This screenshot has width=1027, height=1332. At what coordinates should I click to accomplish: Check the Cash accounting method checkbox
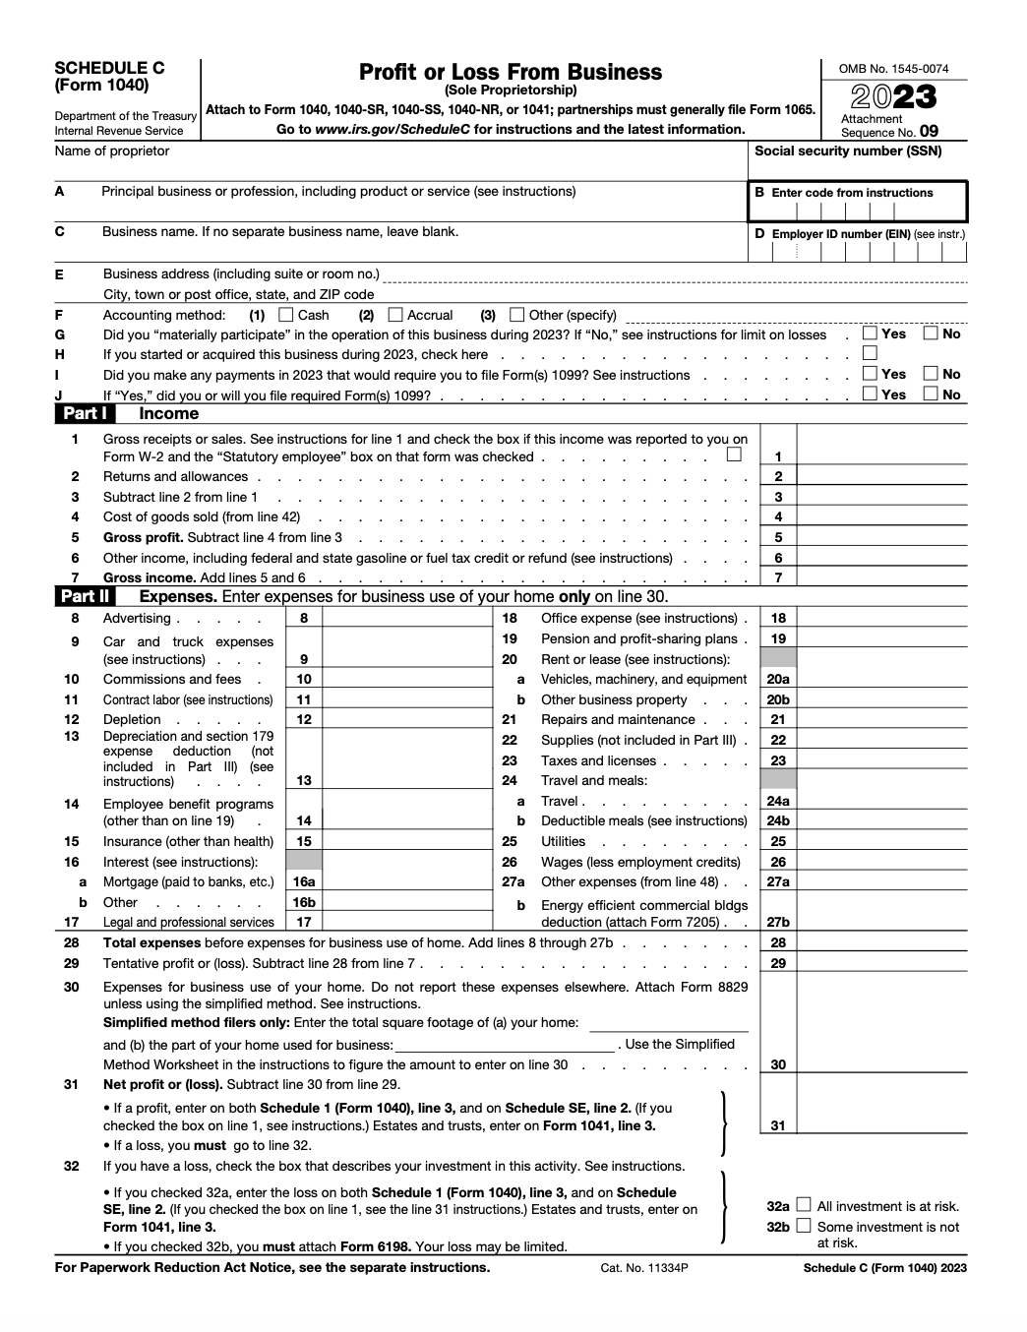pyautogui.click(x=286, y=315)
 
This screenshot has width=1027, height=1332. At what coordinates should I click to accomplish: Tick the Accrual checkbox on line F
pyautogui.click(x=395, y=315)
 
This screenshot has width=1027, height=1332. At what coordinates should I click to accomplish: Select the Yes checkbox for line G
pyautogui.click(x=870, y=333)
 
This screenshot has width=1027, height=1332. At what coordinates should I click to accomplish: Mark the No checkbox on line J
pyautogui.click(x=931, y=394)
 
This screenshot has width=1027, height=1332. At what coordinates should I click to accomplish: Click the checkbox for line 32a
pyautogui.click(x=804, y=1205)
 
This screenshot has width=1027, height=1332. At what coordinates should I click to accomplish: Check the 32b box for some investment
pyautogui.click(x=804, y=1226)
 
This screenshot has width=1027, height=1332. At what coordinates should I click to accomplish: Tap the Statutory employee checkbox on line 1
pyautogui.click(x=734, y=455)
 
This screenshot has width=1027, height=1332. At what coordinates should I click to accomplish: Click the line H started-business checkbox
pyautogui.click(x=870, y=353)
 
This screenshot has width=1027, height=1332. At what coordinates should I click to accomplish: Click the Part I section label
pyautogui.click(x=85, y=414)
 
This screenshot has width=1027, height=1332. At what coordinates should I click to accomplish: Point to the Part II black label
pyautogui.click(x=85, y=596)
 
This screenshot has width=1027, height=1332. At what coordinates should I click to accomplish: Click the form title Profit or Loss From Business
pyautogui.click(x=510, y=72)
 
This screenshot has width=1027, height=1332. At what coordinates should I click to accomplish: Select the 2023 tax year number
pyautogui.click(x=893, y=96)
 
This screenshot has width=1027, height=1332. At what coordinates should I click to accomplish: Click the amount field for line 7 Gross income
pyautogui.click(x=881, y=577)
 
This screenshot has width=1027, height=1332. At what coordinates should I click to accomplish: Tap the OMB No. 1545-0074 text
pyautogui.click(x=893, y=69)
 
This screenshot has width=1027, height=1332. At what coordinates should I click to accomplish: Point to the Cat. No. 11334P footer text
pyautogui.click(x=644, y=1268)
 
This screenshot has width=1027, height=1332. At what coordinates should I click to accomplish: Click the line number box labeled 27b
pyautogui.click(x=778, y=922)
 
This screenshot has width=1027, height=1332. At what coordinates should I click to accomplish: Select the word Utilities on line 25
pyautogui.click(x=563, y=841)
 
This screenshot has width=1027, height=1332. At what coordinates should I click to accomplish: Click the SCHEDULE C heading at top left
pyautogui.click(x=109, y=68)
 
